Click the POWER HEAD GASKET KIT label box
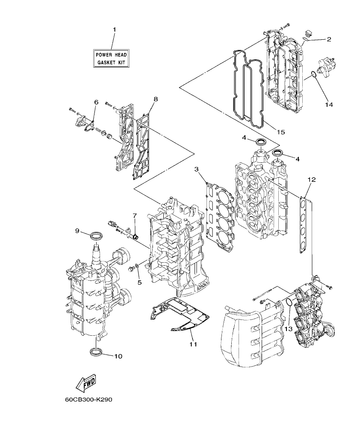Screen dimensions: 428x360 click(112, 59)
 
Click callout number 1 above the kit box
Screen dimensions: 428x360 click(114, 29)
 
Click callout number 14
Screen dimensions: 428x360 click(328, 104)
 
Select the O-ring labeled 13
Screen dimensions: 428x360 click(289, 303)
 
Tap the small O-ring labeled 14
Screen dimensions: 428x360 click(314, 75)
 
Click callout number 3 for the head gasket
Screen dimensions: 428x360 click(196, 170)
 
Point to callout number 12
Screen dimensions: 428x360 click(311, 179)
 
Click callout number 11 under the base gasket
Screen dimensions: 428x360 click(193, 343)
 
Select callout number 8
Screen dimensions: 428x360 click(155, 99)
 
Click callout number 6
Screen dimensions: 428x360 click(96, 102)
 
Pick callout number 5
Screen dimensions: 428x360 click(139, 282)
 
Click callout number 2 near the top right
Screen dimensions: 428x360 click(329, 39)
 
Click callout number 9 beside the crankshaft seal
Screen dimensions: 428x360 click(77, 231)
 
